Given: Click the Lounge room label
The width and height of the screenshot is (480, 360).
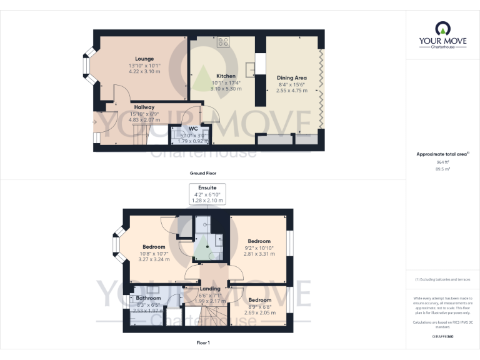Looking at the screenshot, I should coord(144,59).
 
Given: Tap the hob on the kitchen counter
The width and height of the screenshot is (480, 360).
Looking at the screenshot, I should coord(223,42).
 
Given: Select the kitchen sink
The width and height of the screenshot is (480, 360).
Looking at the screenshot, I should coord(251,67).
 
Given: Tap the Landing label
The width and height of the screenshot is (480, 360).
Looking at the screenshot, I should coord(210,289).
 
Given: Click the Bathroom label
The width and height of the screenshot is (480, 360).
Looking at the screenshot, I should coord(148,298).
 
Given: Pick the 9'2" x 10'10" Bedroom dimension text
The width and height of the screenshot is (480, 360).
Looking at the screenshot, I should coord(259,248).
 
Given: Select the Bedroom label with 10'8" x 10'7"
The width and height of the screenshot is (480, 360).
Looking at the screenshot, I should coord(153,247).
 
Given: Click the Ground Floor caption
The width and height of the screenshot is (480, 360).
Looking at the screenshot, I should coord(203,172).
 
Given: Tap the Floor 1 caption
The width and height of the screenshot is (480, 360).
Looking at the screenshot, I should coord(203,342).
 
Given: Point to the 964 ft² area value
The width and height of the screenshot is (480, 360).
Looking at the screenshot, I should coord(442,162).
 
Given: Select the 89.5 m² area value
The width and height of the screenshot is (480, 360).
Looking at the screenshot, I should coord(442,169).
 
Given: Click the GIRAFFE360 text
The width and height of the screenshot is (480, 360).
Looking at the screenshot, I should coord(442,336).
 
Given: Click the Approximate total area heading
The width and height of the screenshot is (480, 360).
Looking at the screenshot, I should coord(442,154).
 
